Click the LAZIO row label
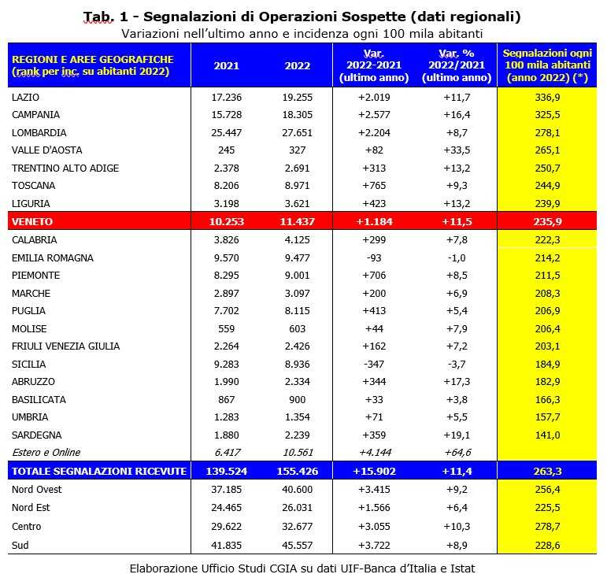[26, 97]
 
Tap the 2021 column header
[227, 65]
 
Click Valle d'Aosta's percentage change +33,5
[457, 150]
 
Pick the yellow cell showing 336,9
[546, 97]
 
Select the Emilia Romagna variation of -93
[373, 257]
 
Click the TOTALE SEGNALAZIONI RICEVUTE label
[98, 471]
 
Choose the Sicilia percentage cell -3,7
[457, 365]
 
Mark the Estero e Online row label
[46, 453]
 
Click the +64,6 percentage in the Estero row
[457, 453]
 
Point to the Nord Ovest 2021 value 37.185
[227, 490]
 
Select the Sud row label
[20, 544]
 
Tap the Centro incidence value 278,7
[546, 526]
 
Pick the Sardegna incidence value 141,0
[546, 435]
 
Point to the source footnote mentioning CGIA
[302, 567]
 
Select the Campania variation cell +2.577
[373, 114]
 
